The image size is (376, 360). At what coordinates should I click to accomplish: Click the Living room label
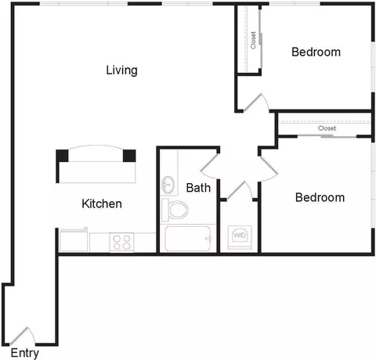click(121, 70)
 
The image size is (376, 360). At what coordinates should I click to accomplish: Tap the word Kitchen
click(102, 203)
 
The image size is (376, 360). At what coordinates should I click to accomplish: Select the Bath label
click(198, 188)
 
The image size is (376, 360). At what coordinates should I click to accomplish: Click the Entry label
click(25, 354)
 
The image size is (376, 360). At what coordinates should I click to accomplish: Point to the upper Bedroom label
click(316, 52)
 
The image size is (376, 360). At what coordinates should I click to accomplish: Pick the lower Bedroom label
click(320, 197)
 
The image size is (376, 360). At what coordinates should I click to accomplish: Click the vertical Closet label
click(253, 40)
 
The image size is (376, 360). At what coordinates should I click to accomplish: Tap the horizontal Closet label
click(327, 128)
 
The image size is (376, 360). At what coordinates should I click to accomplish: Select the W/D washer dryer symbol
click(240, 237)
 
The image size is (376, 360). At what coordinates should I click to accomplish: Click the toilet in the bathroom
click(175, 210)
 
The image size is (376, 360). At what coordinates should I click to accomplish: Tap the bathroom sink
click(168, 185)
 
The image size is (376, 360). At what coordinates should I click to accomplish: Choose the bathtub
click(188, 239)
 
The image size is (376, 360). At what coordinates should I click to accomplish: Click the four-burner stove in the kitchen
click(121, 243)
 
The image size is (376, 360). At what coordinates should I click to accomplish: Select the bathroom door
click(209, 167)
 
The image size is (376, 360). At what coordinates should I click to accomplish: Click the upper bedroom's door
click(256, 103)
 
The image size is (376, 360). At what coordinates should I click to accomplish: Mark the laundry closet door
click(240, 190)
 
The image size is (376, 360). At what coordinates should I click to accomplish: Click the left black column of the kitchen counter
click(62, 156)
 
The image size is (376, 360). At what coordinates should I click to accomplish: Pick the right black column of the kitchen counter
click(129, 156)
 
